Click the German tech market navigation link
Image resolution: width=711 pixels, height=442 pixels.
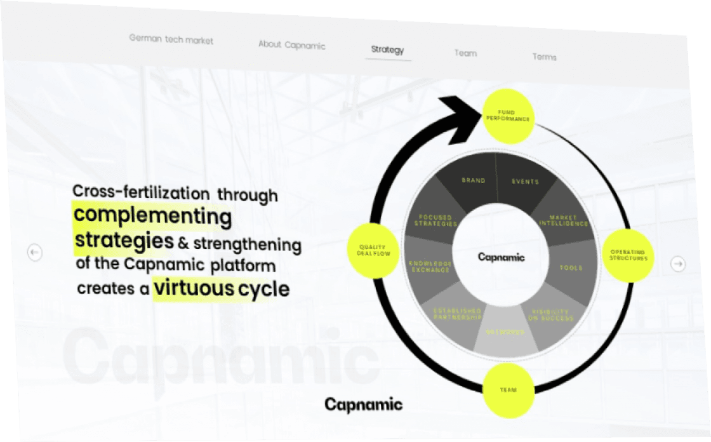171,39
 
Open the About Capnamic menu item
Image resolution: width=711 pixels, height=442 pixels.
291,45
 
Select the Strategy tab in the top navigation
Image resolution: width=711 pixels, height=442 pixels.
387,50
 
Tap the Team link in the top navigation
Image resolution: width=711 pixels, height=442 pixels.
465,53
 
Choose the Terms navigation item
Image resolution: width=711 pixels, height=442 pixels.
544,57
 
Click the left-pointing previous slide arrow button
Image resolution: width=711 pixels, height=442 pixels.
35,253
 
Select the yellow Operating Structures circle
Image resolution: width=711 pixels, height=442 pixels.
627,256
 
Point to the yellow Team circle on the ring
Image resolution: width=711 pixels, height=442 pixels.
508,389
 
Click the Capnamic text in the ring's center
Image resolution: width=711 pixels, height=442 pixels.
501,257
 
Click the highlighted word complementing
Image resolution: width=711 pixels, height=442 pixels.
153,216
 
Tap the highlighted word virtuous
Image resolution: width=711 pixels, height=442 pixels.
194,288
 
